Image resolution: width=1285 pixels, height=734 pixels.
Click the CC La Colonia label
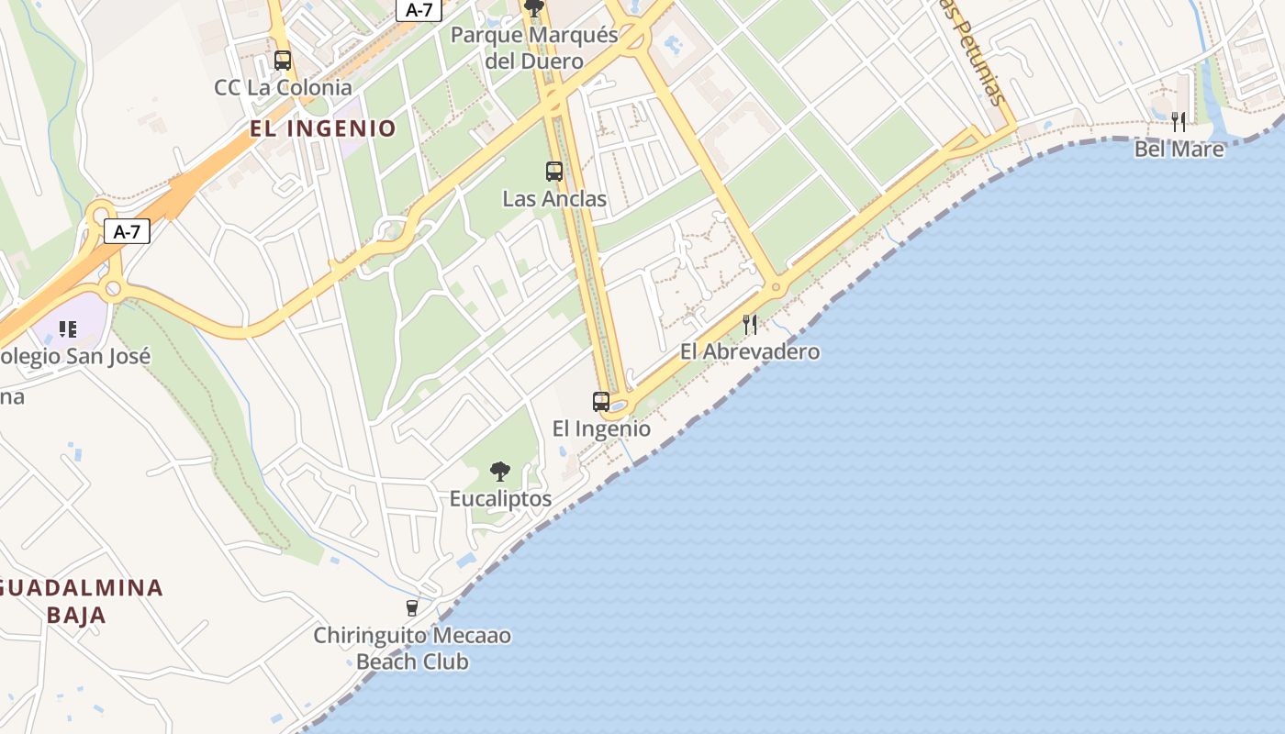(x=283, y=88)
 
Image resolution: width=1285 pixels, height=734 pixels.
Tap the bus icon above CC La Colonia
(x=283, y=61)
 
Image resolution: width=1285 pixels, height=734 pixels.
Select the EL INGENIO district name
(x=323, y=128)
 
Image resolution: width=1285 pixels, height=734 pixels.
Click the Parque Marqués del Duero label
(x=534, y=49)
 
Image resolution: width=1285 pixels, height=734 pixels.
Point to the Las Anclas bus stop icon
(x=553, y=172)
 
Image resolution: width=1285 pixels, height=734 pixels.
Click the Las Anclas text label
(x=554, y=199)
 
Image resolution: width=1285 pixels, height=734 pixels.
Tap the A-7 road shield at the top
(x=419, y=10)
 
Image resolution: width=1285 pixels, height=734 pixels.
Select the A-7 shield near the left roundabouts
(x=128, y=231)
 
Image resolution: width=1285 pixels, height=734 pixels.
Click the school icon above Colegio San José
(x=67, y=328)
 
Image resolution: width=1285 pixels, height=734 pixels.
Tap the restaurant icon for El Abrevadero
(x=750, y=324)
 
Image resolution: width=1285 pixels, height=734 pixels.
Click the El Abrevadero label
(x=750, y=351)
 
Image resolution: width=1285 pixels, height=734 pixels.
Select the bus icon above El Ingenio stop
(x=601, y=402)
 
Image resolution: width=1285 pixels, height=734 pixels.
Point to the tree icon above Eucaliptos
(x=500, y=472)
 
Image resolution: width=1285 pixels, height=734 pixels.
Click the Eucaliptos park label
(x=500, y=499)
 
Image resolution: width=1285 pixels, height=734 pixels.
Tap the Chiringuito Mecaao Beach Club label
(x=412, y=649)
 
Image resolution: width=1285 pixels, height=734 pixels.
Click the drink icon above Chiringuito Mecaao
(x=412, y=607)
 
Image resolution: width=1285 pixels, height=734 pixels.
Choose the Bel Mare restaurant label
(x=1179, y=149)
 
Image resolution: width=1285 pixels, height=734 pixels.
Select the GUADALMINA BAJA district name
(x=81, y=601)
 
